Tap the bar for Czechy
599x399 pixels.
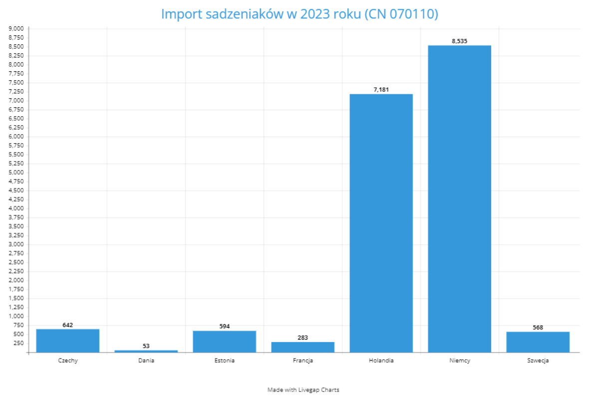click(x=67, y=340)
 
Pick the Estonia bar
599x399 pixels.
click(x=224, y=341)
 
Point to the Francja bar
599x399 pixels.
click(x=302, y=347)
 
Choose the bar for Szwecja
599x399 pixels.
click(x=538, y=342)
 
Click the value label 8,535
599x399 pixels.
click(x=459, y=41)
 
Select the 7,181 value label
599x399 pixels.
click(x=381, y=90)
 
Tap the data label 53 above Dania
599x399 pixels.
click(x=146, y=346)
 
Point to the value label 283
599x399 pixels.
click(x=302, y=338)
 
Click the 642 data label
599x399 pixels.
click(x=67, y=325)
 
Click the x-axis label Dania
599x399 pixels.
click(x=146, y=361)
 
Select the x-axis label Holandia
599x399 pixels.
click(x=381, y=361)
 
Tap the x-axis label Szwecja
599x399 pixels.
click(x=538, y=361)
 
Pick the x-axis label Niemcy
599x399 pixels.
click(x=459, y=361)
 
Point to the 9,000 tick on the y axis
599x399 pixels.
click(x=16, y=28)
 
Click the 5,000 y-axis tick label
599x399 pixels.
click(x=16, y=173)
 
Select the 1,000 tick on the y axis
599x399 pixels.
click(x=16, y=316)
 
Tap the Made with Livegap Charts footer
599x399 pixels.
click(x=303, y=390)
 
